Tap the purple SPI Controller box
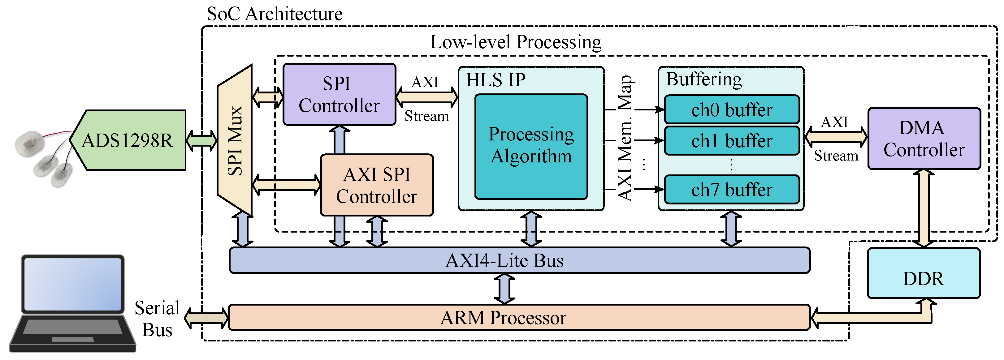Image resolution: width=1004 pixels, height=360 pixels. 339,95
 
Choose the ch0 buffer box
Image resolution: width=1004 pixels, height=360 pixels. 732,110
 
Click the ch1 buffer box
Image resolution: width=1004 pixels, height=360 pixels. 732,141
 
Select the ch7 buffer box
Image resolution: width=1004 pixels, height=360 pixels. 732,190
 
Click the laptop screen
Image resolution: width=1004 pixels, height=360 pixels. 73,284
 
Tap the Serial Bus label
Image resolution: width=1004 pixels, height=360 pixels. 157,319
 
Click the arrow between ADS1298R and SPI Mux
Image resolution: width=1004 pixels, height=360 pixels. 201,140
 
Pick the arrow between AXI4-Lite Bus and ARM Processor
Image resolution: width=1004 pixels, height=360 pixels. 505,289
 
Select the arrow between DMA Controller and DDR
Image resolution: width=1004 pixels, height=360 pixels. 924,208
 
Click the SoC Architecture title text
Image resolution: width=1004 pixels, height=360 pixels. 275,14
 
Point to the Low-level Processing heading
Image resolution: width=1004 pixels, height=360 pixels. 515,42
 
